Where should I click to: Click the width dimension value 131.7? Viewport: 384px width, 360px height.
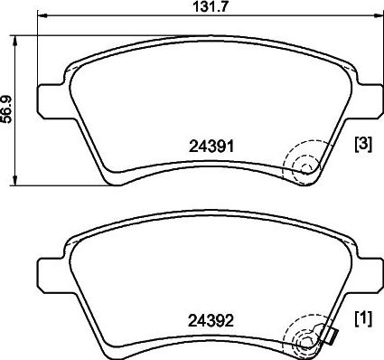coord(209,7)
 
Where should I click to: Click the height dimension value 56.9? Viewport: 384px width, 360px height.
coord(6,109)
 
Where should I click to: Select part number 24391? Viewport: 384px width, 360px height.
coord(211,147)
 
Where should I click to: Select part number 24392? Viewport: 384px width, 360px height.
coord(211,321)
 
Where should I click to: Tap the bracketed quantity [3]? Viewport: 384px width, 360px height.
coord(364,145)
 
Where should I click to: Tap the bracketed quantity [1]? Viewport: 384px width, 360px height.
coord(364,318)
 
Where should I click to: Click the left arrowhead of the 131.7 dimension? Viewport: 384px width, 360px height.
coord(42,14)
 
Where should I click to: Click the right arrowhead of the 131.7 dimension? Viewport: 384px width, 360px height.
coord(378,14)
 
